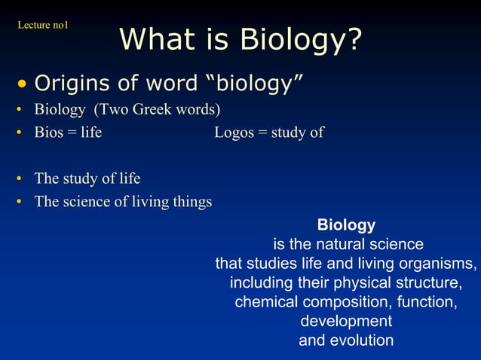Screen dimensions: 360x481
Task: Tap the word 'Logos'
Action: point(234,133)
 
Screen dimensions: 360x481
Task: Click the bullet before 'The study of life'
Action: point(18,180)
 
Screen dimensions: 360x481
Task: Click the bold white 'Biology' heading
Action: point(346,225)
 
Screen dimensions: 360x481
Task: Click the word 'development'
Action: point(346,322)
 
